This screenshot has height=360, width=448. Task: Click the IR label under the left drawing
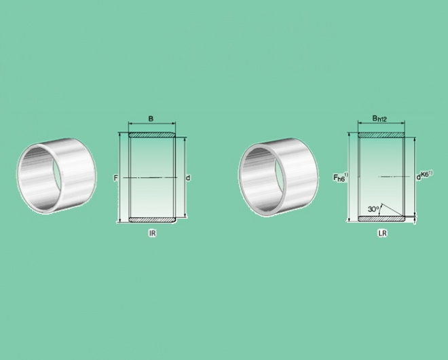coord(153,234)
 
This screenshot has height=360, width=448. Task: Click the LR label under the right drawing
coord(382,234)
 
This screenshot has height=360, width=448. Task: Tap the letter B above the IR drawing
coord(151,118)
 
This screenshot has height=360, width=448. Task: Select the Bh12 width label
coord(379,118)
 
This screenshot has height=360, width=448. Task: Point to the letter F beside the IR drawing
coord(115,178)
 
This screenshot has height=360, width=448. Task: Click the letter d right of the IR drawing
coord(188,178)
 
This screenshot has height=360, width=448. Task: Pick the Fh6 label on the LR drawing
coord(341,177)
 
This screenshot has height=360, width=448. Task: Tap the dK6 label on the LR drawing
coord(424,175)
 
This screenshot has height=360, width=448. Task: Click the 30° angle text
coord(373,209)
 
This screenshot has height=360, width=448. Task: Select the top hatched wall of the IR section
coord(152,135)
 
